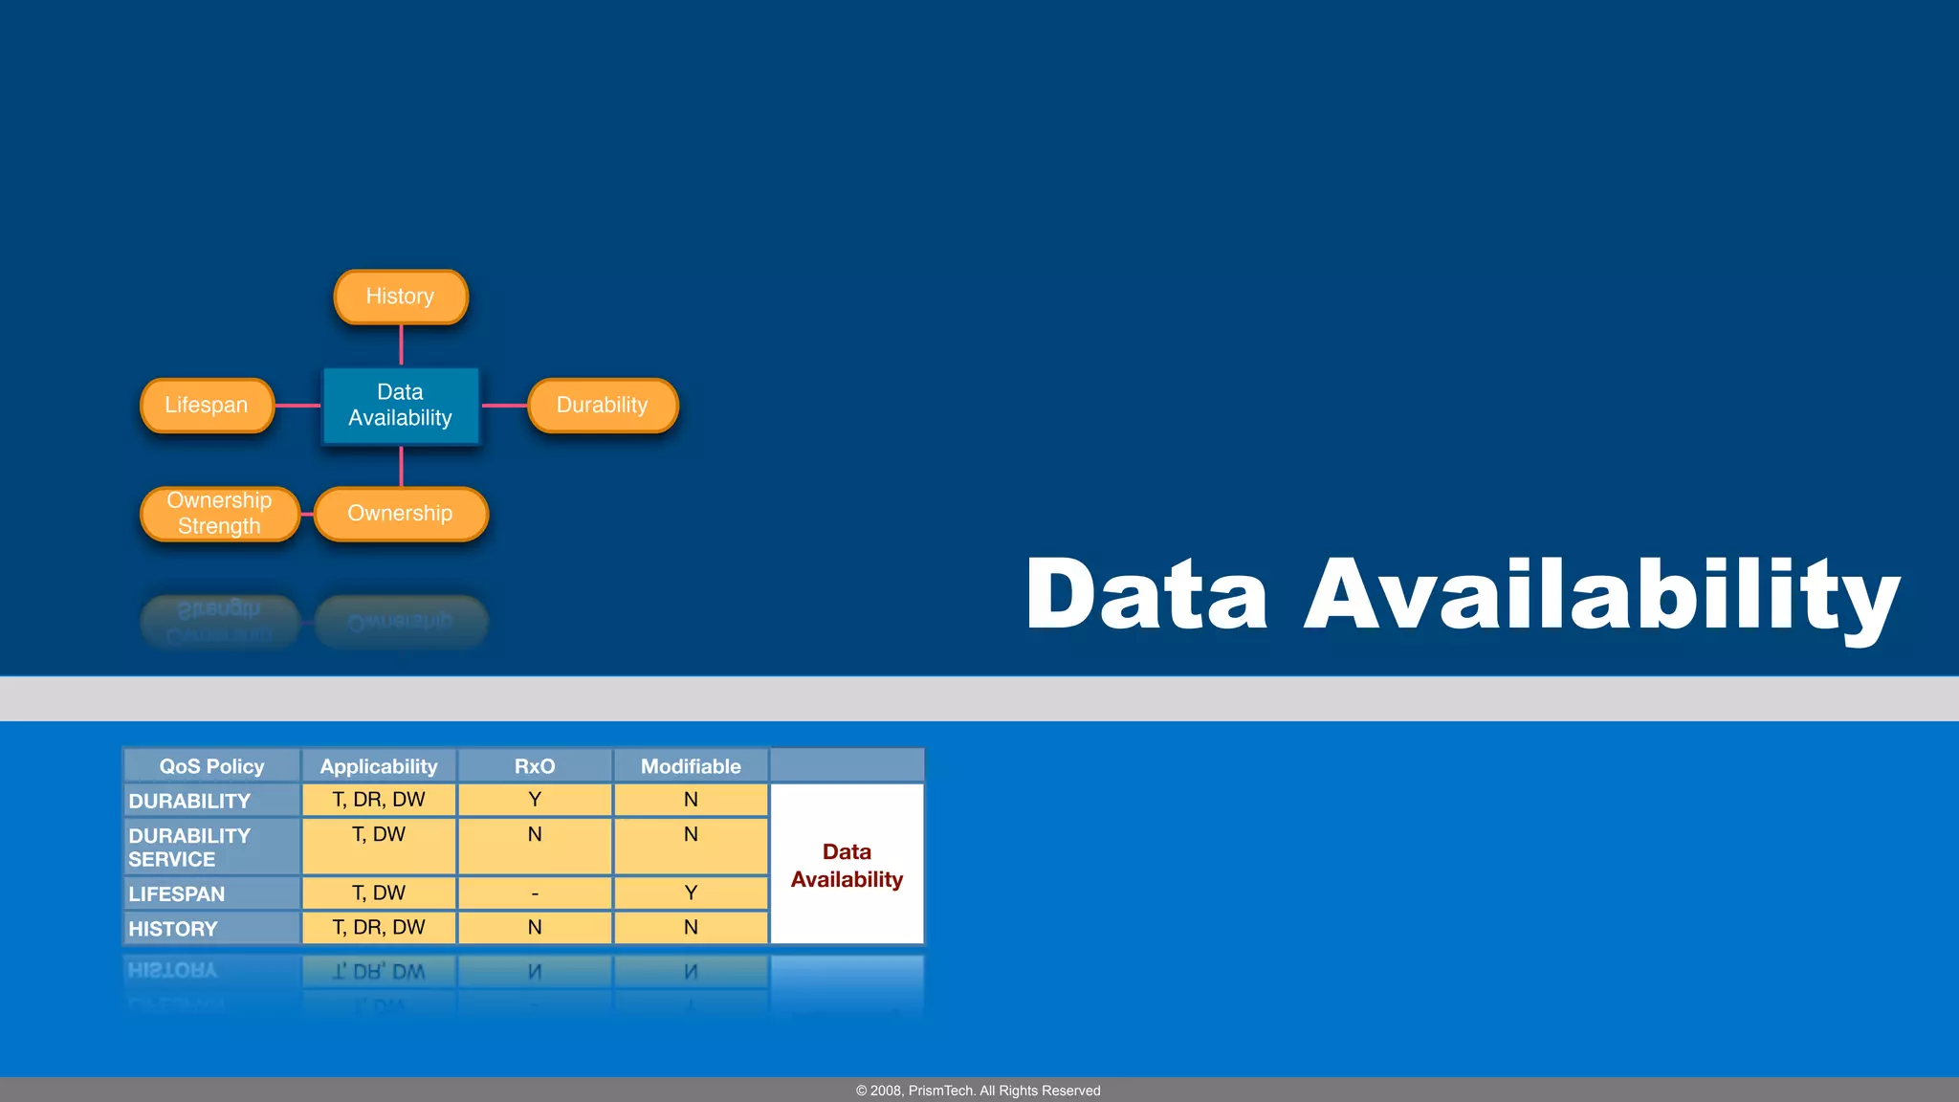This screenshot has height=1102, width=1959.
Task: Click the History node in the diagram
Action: (401, 297)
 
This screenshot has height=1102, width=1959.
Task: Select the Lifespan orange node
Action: (207, 406)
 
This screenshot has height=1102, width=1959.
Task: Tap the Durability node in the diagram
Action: (603, 406)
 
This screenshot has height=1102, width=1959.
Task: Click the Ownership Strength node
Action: (219, 514)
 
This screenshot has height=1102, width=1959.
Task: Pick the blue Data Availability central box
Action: (401, 406)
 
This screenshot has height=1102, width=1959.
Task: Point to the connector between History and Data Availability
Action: (401, 345)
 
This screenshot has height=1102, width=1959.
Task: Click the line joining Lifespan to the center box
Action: (297, 406)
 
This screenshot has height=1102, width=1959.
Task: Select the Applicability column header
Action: (379, 766)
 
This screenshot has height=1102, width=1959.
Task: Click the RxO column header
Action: (535, 766)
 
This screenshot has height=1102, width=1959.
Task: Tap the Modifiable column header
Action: (691, 766)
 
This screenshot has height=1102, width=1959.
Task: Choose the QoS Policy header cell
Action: (211, 766)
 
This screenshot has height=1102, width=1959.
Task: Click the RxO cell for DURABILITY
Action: (535, 800)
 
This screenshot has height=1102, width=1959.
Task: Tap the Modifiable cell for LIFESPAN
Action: (691, 893)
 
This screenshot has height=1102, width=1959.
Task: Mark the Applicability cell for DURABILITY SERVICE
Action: (379, 846)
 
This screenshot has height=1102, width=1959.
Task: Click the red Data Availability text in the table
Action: (847, 866)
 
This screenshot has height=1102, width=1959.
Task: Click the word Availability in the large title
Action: (1601, 595)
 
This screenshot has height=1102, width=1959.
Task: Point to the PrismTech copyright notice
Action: (979, 1091)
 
